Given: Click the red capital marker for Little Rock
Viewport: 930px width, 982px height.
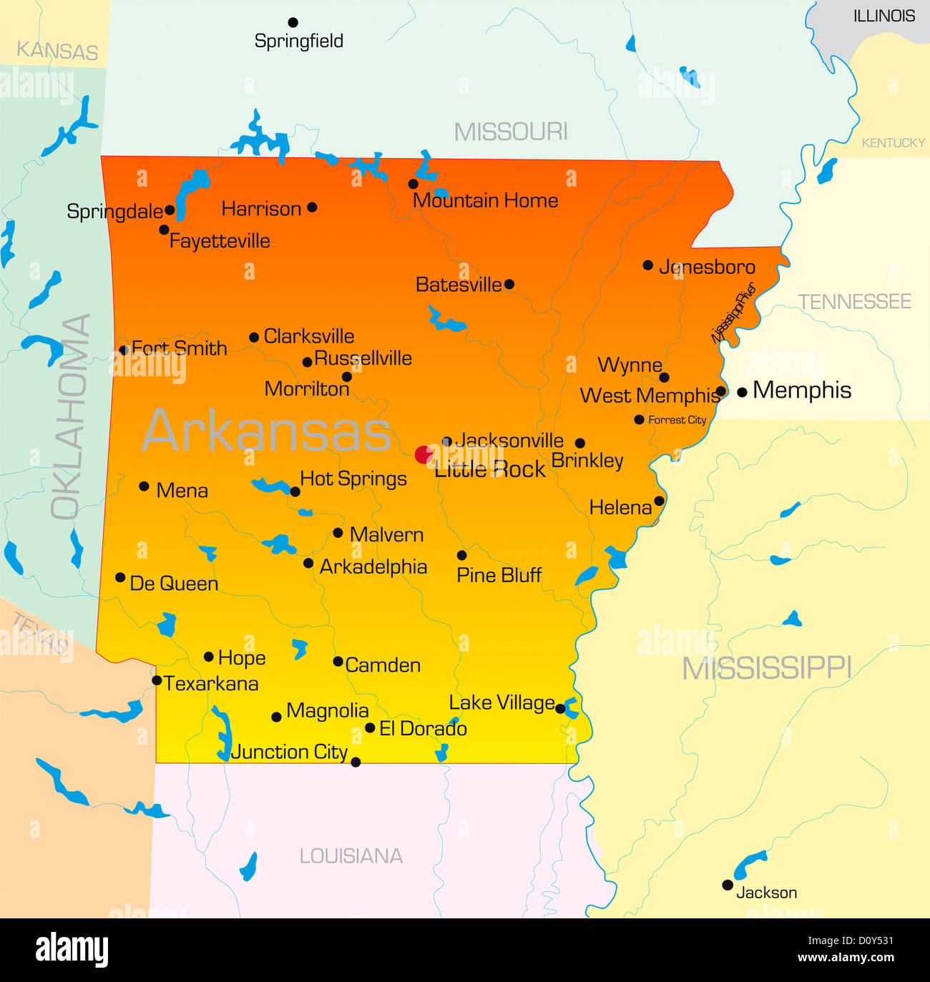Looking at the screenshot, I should [x=424, y=454].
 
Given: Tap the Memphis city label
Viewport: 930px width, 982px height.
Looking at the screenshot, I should [x=802, y=391].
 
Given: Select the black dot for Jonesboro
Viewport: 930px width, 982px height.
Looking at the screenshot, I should [x=647, y=265].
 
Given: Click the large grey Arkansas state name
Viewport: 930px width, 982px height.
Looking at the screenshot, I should [x=267, y=431].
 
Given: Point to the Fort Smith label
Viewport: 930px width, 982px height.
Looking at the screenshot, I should [x=180, y=348].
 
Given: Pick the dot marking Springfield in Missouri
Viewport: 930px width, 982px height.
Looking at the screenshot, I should [x=293, y=23].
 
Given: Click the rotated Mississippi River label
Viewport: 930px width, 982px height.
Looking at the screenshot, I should [x=733, y=313].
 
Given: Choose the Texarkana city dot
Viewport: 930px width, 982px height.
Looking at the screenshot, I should [x=157, y=680].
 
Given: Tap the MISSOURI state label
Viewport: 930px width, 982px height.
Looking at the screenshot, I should [x=511, y=132].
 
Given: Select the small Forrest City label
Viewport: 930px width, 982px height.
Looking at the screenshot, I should [x=677, y=420].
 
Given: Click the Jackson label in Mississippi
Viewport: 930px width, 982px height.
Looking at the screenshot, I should [x=766, y=893].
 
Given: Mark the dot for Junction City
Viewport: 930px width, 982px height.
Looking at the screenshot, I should [x=356, y=762].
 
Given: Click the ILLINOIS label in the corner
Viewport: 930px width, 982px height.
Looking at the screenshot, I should [x=884, y=16].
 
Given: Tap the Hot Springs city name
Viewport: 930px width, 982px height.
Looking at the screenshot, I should [x=353, y=478].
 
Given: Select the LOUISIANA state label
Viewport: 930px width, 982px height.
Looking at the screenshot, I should [x=351, y=856].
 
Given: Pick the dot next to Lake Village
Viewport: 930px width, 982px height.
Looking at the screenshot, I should [x=560, y=709].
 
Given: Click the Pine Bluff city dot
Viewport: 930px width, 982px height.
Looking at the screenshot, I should [x=461, y=555].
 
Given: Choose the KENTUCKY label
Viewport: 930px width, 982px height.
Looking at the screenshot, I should [x=893, y=143].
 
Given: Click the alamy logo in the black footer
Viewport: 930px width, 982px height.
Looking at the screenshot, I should [x=72, y=950].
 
